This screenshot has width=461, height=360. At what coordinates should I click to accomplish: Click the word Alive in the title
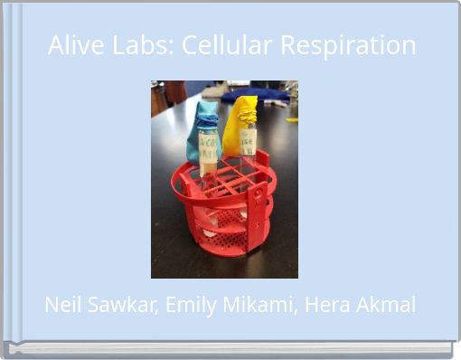[71, 45]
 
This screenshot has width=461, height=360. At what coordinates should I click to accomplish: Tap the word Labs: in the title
[136, 45]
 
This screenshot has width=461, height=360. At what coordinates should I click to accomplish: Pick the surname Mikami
[253, 305]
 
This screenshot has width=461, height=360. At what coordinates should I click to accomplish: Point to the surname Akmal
[386, 305]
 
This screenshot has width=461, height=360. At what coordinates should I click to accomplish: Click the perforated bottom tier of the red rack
[226, 240]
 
